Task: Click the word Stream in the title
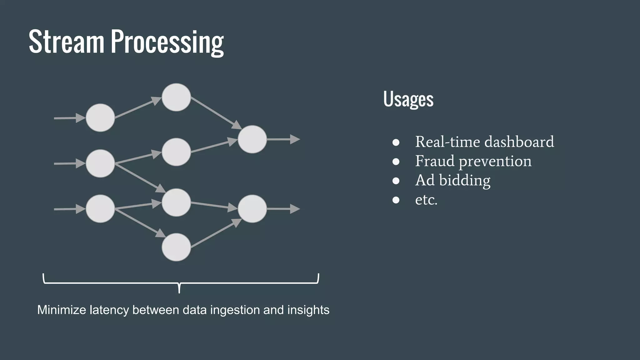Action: click(66, 42)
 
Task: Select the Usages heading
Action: click(408, 99)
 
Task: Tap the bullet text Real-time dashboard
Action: click(484, 142)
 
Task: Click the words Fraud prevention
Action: click(473, 161)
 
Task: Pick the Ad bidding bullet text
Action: click(452, 180)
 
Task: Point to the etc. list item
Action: click(426, 200)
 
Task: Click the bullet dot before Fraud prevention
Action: click(396, 162)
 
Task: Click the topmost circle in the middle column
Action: click(176, 97)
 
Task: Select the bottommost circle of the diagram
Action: click(176, 247)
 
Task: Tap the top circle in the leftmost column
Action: click(100, 118)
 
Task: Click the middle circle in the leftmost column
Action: click(100, 163)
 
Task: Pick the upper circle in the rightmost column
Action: click(252, 139)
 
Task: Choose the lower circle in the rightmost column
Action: click(252, 209)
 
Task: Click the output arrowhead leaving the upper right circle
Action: click(295, 139)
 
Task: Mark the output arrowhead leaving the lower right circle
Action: click(295, 209)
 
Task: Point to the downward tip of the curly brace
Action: click(179, 291)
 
